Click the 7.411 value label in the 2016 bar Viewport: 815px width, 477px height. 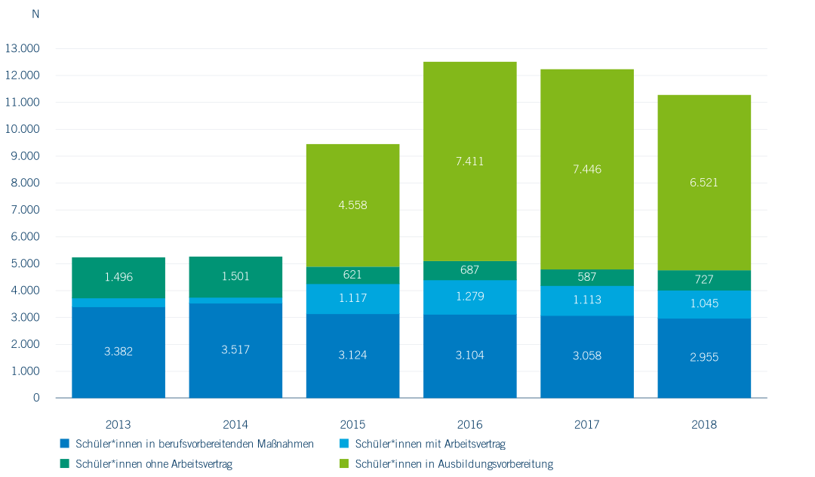tap(469, 162)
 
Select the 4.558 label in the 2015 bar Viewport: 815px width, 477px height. tap(352, 205)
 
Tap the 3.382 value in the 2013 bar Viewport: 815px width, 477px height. tap(118, 351)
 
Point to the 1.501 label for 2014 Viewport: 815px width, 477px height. tap(235, 277)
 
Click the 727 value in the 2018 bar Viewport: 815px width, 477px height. tap(704, 279)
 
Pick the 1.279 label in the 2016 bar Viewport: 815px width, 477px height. tap(469, 297)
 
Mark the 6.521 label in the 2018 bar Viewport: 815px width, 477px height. tap(704, 183)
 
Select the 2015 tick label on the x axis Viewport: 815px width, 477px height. tap(352, 425)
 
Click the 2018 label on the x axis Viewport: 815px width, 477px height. tap(704, 425)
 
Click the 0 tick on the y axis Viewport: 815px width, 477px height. tap(36, 398)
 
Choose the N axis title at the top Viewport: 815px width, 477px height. tap(35, 14)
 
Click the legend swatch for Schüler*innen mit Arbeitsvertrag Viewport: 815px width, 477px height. tap(344, 444)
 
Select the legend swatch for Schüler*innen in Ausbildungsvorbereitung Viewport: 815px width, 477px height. tap(344, 463)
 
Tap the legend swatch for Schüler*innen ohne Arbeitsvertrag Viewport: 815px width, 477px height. tap(65, 463)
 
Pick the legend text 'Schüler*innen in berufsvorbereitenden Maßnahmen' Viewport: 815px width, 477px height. tap(195, 444)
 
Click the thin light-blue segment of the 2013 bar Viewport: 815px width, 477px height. tap(118, 303)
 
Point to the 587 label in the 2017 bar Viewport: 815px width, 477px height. tap(587, 277)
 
